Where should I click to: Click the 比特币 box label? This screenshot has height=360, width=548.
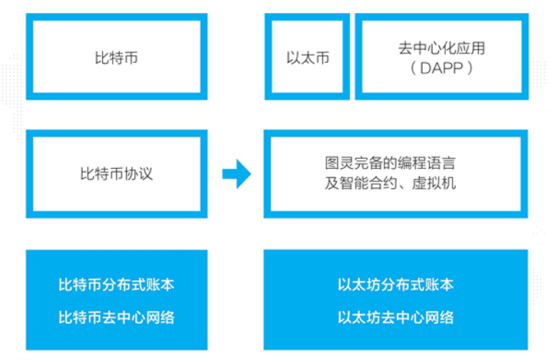[117, 58]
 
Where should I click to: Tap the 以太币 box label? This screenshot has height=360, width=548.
[308, 58]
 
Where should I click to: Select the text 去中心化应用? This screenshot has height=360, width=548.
[442, 48]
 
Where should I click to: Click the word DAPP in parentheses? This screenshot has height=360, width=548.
[442, 68]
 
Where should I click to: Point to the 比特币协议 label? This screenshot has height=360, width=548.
[117, 173]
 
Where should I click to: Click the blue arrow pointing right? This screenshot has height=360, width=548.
[236, 173]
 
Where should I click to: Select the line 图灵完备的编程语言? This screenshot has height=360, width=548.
[391, 163]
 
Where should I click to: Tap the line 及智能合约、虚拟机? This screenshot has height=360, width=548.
[391, 183]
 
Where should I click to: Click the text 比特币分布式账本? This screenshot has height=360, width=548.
[117, 285]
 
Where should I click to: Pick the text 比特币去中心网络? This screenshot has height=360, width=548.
[117, 317]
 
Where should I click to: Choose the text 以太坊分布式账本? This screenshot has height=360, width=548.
[395, 285]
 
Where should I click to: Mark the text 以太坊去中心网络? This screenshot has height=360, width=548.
[395, 317]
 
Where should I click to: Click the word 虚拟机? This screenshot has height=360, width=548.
[434, 183]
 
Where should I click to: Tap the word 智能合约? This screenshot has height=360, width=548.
[368, 183]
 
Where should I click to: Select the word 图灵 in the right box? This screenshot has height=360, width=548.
[339, 163]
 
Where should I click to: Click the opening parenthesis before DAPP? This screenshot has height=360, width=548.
[413, 68]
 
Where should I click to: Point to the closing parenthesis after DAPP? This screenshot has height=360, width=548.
[470, 68]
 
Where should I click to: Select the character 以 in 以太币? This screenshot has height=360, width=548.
[293, 58]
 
